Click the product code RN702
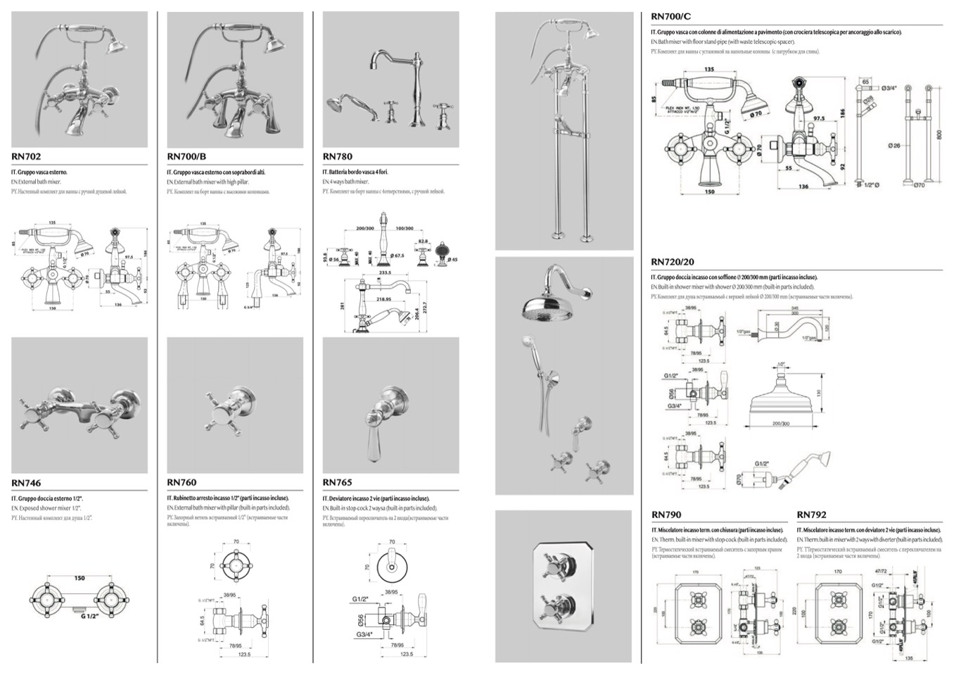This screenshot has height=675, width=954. tap(26, 157)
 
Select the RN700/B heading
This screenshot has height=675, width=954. tap(186, 157)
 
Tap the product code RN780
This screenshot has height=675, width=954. tap(338, 157)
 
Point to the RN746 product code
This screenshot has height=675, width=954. tap(26, 483)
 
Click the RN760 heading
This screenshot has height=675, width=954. tap(182, 483)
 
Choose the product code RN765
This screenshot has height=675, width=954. tap(338, 483)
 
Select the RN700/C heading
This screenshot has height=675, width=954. tap(671, 16)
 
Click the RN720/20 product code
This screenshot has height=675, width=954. tap(673, 262)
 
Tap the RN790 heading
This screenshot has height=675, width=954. tap(666, 515)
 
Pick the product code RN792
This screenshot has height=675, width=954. tap(812, 515)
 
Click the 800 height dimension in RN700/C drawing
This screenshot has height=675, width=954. tap(939, 134)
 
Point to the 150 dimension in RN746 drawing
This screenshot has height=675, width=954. tap(79, 579)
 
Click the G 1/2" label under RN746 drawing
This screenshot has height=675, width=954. tap(90, 617)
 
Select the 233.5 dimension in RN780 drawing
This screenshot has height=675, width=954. tap(384, 272)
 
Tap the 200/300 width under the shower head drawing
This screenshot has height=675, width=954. tap(781, 424)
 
